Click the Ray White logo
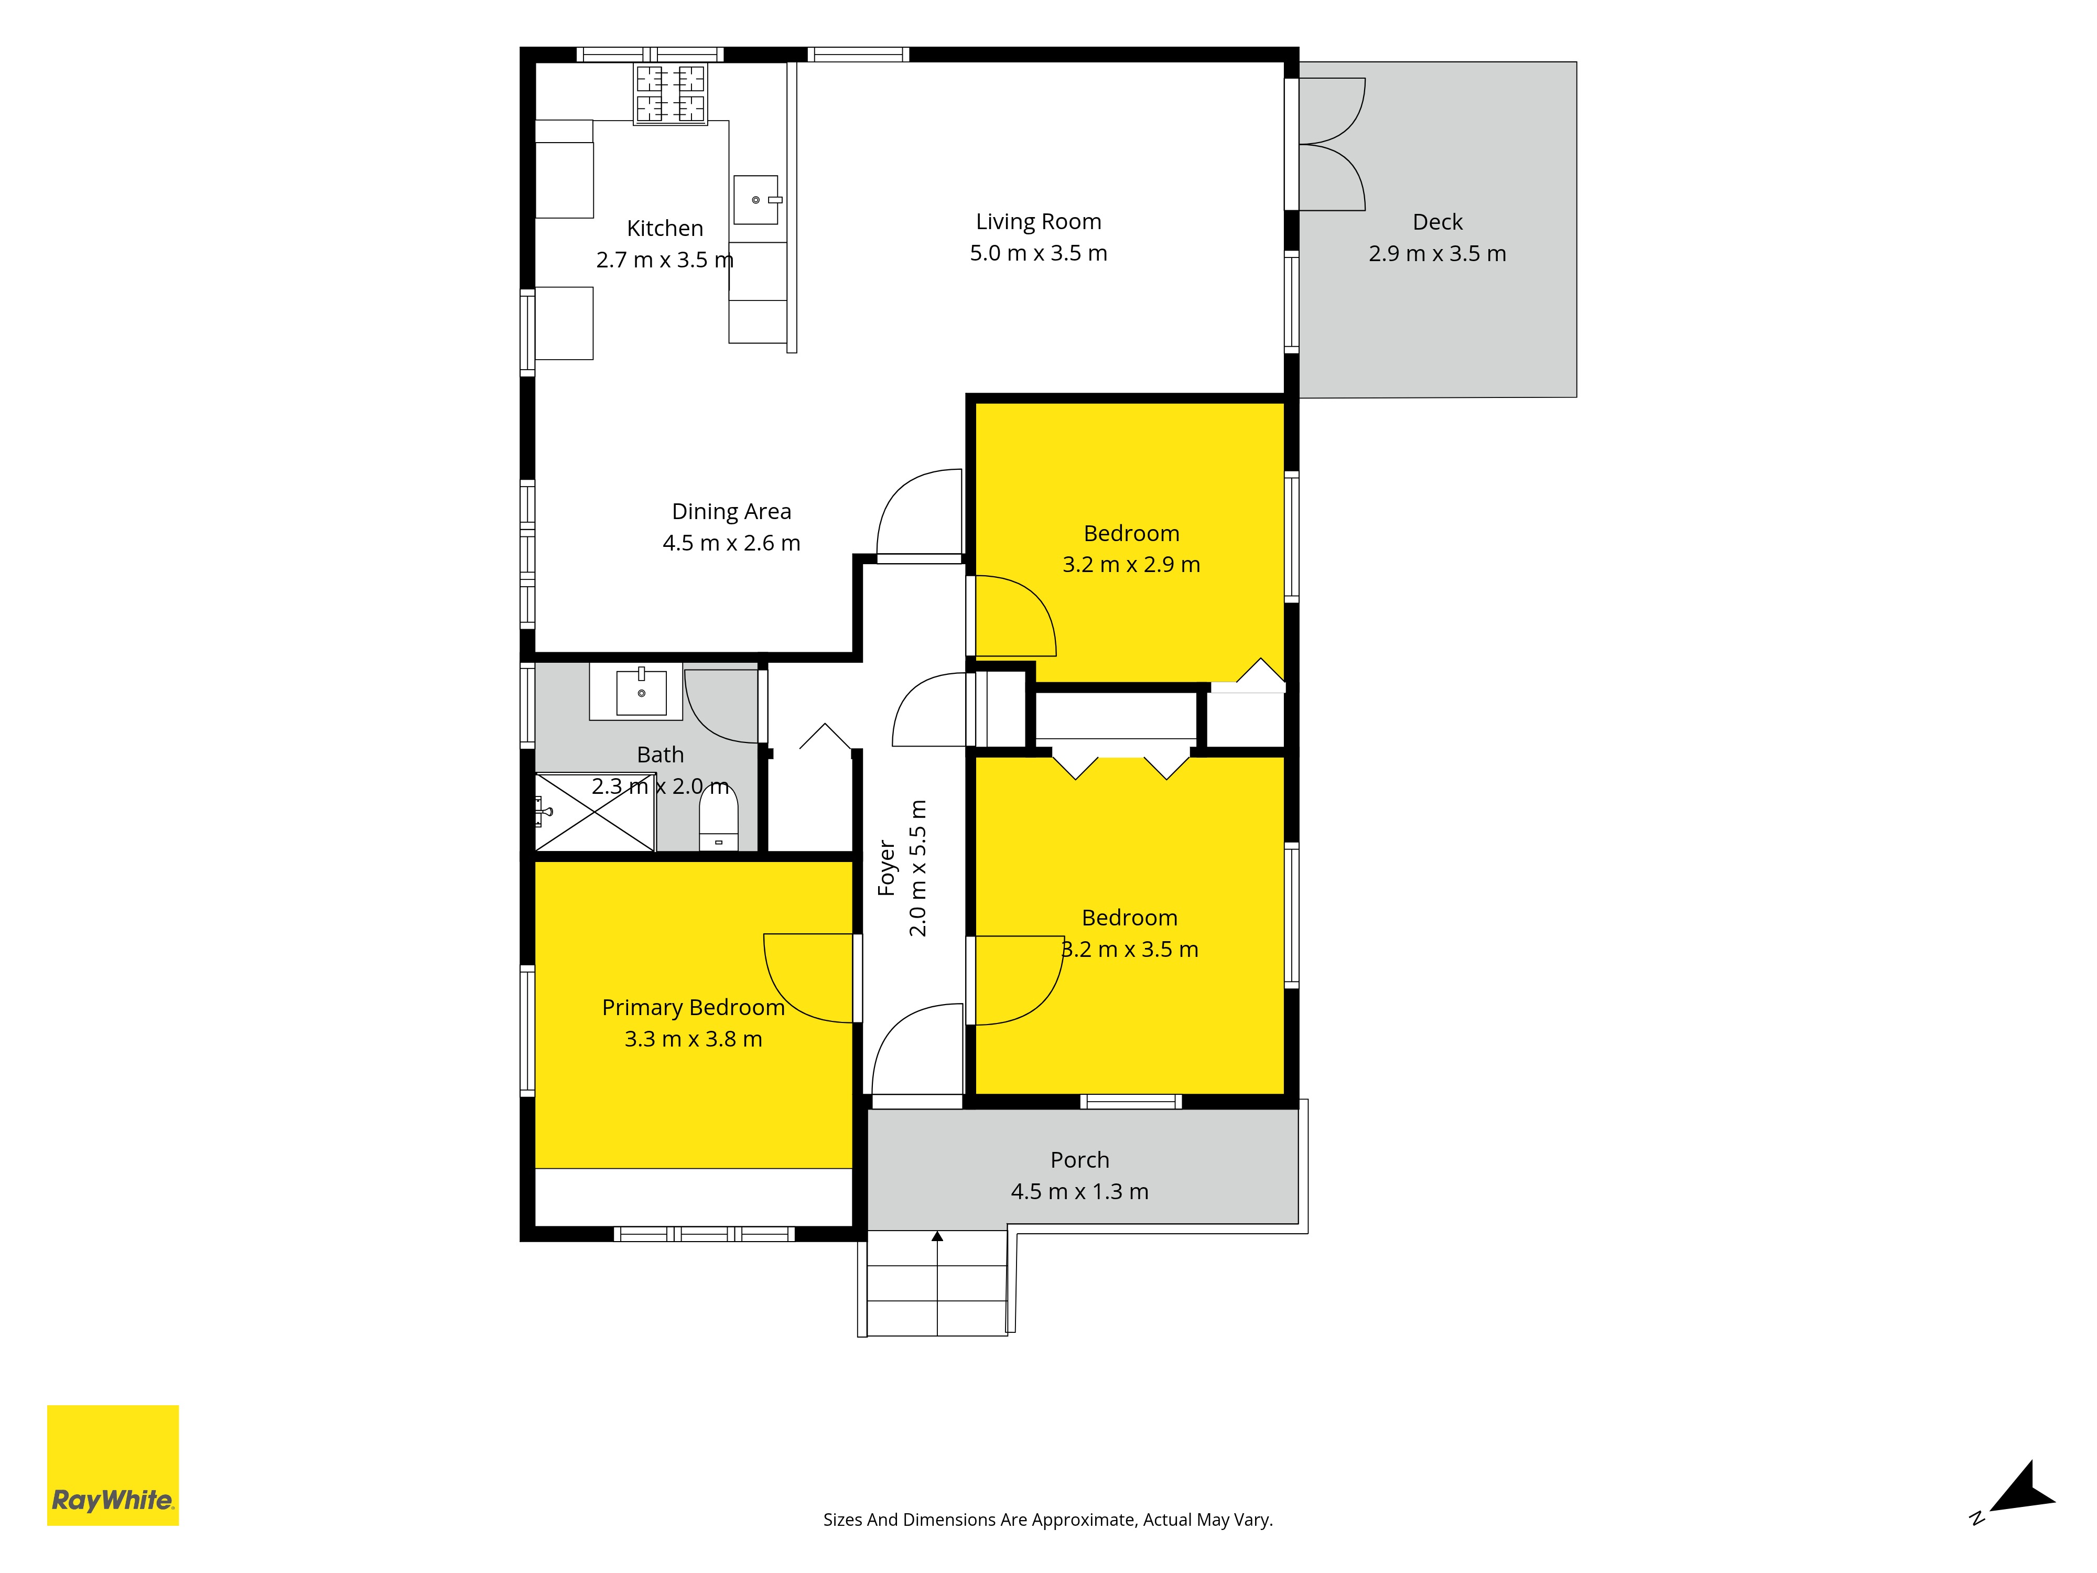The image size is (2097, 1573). [113, 1465]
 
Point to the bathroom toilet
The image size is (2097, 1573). [719, 817]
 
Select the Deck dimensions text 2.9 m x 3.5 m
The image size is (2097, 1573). [1437, 253]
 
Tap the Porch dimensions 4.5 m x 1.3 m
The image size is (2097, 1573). [1080, 1192]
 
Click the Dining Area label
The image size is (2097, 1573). [731, 511]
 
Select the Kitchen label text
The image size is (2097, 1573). [665, 229]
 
